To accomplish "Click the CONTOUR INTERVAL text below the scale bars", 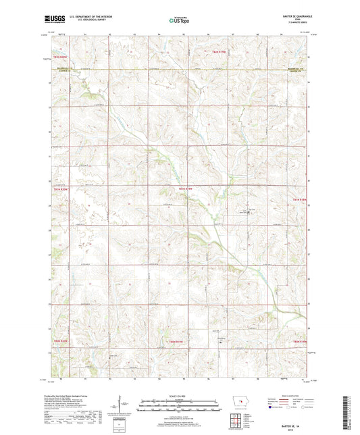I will pyautogui.click(x=180, y=417).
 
